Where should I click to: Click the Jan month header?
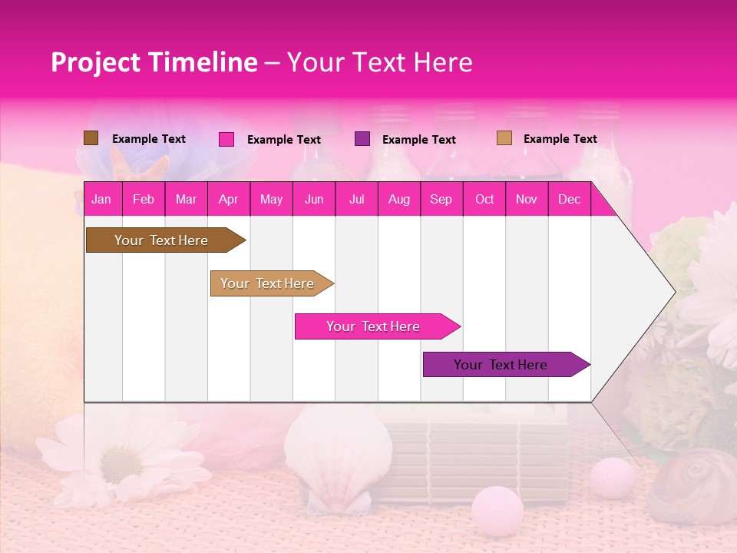[x=101, y=200]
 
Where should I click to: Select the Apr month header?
[x=228, y=200]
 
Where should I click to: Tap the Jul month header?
[x=356, y=200]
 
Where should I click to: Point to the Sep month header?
[x=441, y=200]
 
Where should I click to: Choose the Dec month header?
[x=569, y=200]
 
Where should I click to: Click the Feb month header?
[x=144, y=200]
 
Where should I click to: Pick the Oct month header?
[x=484, y=200]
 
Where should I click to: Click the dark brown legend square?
[x=91, y=138]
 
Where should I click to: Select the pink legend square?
[x=226, y=139]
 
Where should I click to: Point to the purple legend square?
[x=362, y=139]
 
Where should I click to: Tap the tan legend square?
[x=504, y=138]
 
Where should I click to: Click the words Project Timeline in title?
[x=154, y=62]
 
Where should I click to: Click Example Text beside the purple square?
[x=418, y=140]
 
